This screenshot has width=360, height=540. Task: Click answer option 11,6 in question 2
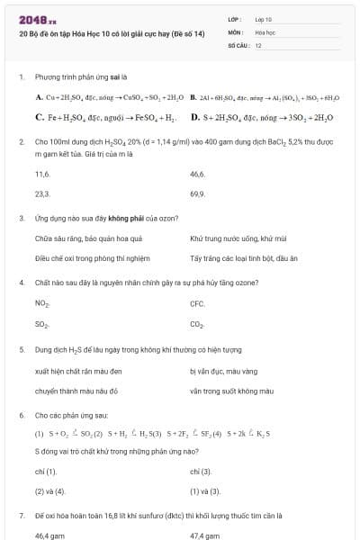[x=41, y=175]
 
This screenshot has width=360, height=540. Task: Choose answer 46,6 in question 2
[x=197, y=175]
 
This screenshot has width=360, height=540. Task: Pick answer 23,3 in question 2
[x=41, y=193]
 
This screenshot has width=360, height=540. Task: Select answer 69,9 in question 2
[x=197, y=193]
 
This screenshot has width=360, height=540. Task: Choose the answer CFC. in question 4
[x=197, y=304]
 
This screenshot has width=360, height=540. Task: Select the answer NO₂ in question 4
[x=41, y=304]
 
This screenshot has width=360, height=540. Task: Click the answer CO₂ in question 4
[x=197, y=323]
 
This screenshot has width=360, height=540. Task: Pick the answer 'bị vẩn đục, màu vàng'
[x=223, y=370]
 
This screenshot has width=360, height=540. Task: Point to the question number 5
[x=21, y=348]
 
